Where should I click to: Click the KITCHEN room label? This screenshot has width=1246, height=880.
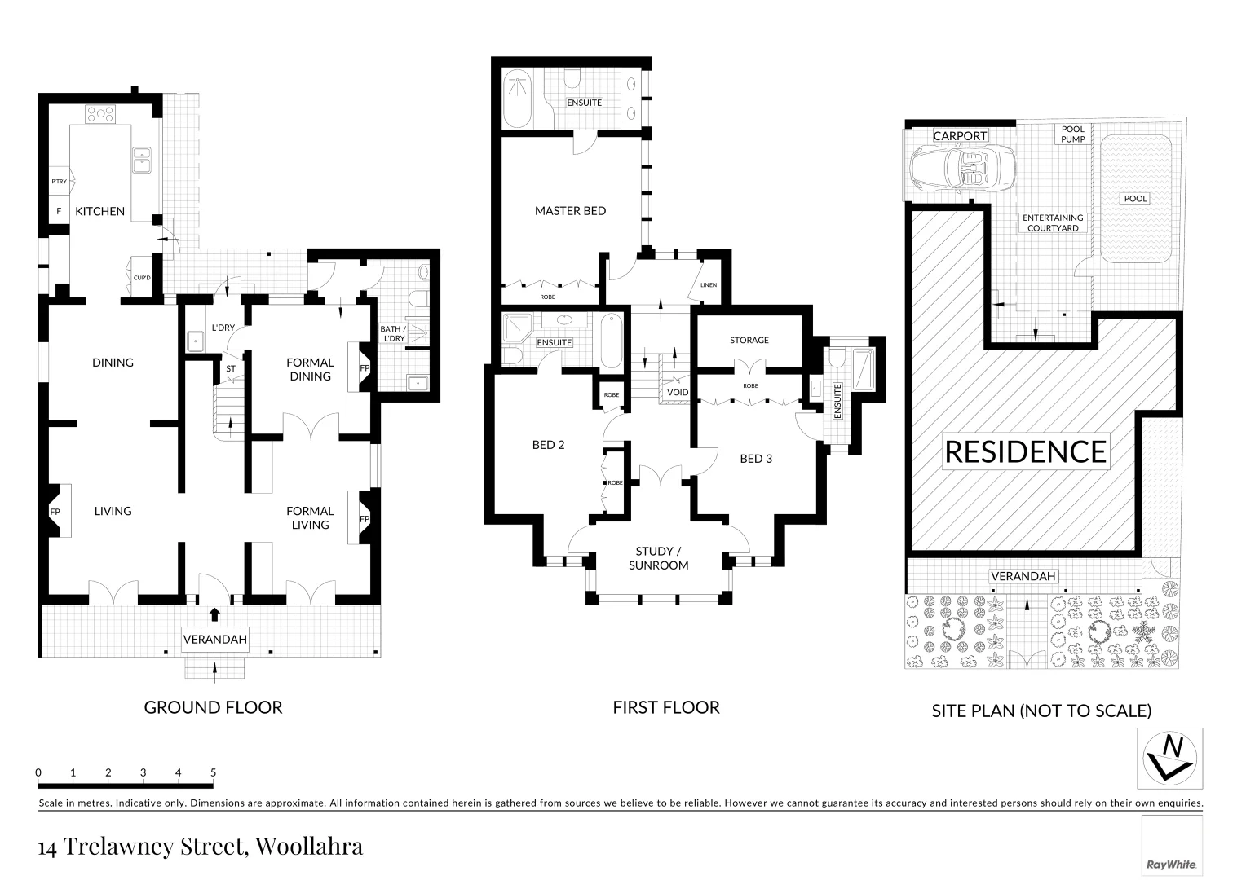click(99, 211)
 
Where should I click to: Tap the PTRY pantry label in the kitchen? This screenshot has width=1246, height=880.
click(60, 182)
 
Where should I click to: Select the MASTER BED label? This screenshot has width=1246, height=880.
click(570, 211)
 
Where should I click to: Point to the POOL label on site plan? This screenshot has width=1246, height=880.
click(1135, 199)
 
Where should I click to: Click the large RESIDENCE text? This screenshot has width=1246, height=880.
click(1025, 451)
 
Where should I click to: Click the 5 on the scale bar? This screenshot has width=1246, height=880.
click(213, 772)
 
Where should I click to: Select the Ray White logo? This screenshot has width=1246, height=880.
click(1171, 864)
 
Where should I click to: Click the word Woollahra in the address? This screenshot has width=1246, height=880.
click(309, 847)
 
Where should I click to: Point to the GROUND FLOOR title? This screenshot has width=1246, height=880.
click(213, 707)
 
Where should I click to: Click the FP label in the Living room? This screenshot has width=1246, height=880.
click(55, 512)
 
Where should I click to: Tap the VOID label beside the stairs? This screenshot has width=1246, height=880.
click(678, 393)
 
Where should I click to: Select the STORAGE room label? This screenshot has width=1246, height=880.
click(749, 341)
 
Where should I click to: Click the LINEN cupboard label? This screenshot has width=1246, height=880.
click(708, 285)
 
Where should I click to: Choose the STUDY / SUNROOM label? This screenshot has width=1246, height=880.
click(658, 558)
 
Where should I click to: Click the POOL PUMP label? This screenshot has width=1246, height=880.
click(1072, 134)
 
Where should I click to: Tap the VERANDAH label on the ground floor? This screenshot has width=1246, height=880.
click(214, 640)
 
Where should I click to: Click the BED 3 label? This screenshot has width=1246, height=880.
click(756, 459)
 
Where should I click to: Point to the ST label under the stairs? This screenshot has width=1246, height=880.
click(231, 368)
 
